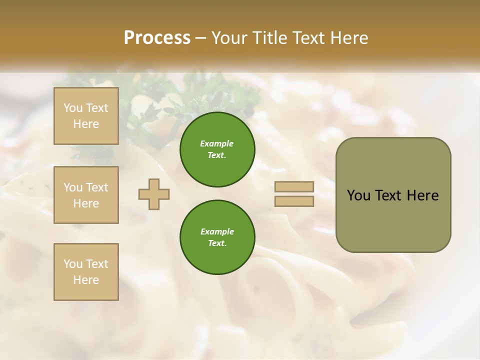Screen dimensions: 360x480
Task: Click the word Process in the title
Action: coord(157,38)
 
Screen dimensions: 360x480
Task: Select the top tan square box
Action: coord(86,116)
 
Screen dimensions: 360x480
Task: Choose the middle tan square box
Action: coord(86,195)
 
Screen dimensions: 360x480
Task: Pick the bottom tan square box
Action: coord(86,272)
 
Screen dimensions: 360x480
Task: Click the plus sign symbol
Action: coord(154,194)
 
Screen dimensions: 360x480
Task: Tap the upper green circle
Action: coord(217,149)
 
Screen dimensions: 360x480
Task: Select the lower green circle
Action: coord(217,237)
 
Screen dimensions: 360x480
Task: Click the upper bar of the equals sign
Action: coord(294,186)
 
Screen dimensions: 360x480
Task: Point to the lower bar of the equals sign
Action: coord(294,201)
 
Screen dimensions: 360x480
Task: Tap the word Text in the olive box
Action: coord(388,195)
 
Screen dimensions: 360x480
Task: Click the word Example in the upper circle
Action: coord(217,143)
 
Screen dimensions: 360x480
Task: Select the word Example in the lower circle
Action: coord(217,231)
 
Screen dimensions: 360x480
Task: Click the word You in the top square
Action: coord(72,108)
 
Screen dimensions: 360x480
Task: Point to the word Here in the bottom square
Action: coord(86,280)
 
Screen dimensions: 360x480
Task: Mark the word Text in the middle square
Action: coord(96,187)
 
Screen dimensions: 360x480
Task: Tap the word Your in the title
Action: coord(229,38)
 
